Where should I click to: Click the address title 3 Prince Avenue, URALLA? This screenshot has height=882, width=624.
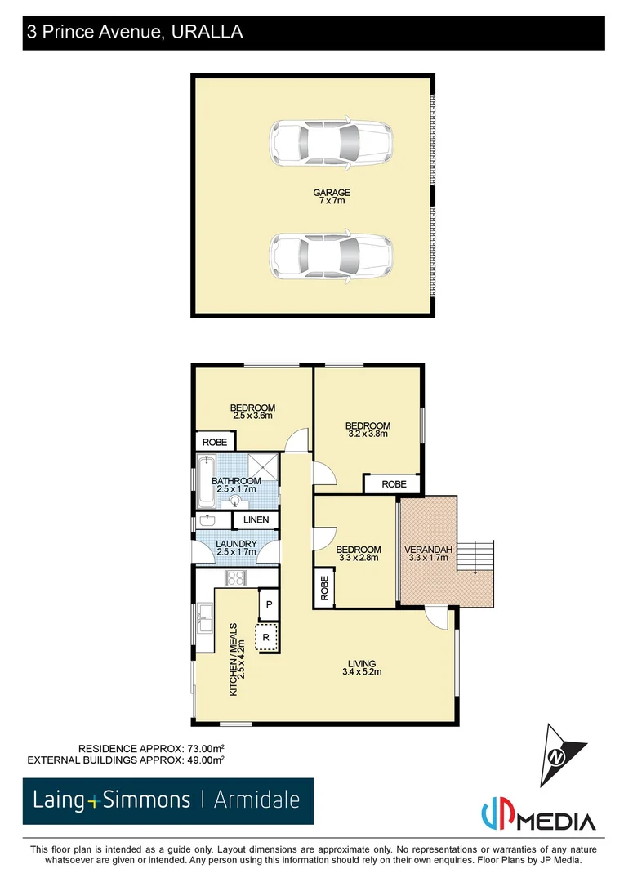click(x=135, y=33)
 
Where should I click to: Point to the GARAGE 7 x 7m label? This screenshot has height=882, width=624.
click(x=332, y=196)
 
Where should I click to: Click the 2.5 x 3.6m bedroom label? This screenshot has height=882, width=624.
click(x=252, y=412)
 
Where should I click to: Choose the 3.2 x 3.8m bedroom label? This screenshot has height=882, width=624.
click(x=368, y=430)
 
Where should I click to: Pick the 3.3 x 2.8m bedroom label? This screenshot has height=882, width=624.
click(x=359, y=554)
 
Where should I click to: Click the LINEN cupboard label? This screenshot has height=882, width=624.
click(x=256, y=519)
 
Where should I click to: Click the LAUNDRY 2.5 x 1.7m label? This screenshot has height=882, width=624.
click(x=237, y=548)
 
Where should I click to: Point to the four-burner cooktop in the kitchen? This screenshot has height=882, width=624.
click(x=236, y=578)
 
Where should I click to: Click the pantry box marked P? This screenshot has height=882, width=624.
click(x=269, y=605)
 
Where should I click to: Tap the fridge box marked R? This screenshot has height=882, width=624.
click(x=266, y=637)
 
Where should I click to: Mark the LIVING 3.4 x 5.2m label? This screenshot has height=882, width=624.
click(x=362, y=667)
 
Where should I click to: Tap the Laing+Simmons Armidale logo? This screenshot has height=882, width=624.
click(x=167, y=800)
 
